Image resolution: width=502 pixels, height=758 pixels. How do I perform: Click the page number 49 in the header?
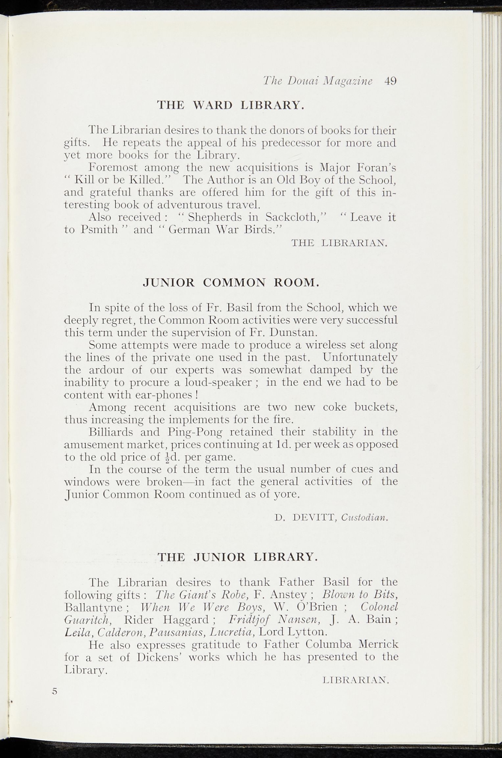tap(390, 81)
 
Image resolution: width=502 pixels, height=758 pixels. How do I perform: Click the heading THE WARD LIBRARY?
tap(231, 105)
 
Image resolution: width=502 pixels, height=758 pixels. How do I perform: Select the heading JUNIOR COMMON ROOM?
tap(231, 282)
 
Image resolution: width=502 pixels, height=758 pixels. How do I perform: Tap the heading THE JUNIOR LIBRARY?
tap(238, 557)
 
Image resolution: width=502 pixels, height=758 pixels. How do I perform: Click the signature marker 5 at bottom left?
tap(55, 691)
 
